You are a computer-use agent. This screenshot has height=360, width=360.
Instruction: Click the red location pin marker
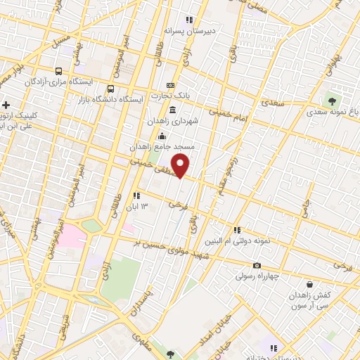[181, 166]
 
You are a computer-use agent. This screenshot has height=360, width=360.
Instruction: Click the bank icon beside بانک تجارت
[169, 85]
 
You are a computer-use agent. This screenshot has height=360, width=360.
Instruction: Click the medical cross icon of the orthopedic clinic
[6, 105]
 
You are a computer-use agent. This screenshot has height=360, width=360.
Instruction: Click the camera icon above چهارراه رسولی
[257, 265]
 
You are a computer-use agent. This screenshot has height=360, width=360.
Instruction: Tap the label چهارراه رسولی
[257, 276]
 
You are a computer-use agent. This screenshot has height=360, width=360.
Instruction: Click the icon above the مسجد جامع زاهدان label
[162, 136]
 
